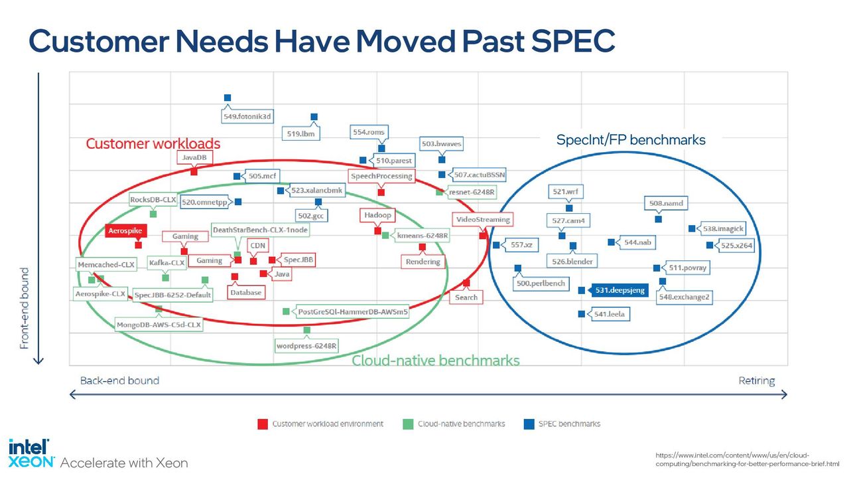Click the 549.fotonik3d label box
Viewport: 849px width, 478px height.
tap(247, 116)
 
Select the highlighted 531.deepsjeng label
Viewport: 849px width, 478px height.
tap(620, 290)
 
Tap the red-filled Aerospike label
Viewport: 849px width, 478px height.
tap(125, 230)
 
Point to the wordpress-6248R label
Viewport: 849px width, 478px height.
tap(306, 346)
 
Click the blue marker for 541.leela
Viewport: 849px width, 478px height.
tap(582, 314)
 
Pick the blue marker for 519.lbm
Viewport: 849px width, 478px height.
tap(314, 117)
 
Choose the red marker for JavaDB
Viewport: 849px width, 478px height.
tap(194, 172)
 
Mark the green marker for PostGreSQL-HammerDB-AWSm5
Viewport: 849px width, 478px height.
tap(286, 311)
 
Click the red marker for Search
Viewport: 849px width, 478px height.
tap(466, 283)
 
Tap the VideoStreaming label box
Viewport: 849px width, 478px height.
tap(482, 220)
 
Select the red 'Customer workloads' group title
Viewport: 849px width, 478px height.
tap(153, 143)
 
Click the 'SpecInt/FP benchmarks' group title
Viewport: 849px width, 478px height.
tap(631, 139)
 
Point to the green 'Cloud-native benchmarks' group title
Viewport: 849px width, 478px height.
tap(436, 360)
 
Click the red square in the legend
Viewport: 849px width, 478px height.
tap(263, 424)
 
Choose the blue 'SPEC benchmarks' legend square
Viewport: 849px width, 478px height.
tap(529, 424)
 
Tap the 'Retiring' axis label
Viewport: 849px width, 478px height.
tap(757, 381)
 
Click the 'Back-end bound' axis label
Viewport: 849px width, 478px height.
tap(119, 380)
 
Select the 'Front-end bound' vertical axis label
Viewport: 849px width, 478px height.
tap(25, 309)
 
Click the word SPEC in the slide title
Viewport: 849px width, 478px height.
tap(572, 41)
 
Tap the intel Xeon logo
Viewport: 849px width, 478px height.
tap(31, 453)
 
